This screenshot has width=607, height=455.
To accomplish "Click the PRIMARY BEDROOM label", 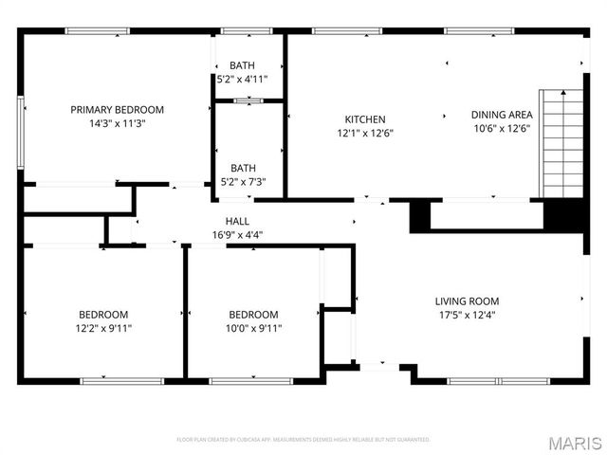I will pyautogui.click(x=118, y=110).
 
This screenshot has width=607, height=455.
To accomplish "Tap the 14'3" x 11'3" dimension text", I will pyautogui.click(x=118, y=123).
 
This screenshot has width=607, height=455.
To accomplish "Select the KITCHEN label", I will pyautogui.click(x=365, y=119).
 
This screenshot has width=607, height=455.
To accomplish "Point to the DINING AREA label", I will pyautogui.click(x=502, y=115).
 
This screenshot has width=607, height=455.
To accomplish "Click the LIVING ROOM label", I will pyautogui.click(x=468, y=301).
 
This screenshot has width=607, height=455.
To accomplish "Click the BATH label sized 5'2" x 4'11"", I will pyautogui.click(x=243, y=65).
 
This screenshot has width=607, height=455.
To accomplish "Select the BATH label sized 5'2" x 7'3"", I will pyautogui.click(x=243, y=168).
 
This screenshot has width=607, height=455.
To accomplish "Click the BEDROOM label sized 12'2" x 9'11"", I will pyautogui.click(x=103, y=315).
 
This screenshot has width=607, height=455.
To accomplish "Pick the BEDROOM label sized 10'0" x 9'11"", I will pyautogui.click(x=254, y=315).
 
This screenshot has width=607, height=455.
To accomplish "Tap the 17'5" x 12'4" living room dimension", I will pyautogui.click(x=468, y=315).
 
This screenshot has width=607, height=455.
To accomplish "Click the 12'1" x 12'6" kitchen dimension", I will pyautogui.click(x=365, y=133).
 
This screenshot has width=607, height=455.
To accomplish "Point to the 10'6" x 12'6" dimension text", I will pyautogui.click(x=502, y=128).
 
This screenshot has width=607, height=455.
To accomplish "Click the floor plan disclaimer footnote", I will pyautogui.click(x=303, y=440).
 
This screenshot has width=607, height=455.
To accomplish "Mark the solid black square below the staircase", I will pyautogui.click(x=561, y=216).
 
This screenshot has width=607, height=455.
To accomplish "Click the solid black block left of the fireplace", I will pyautogui.click(x=419, y=216).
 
